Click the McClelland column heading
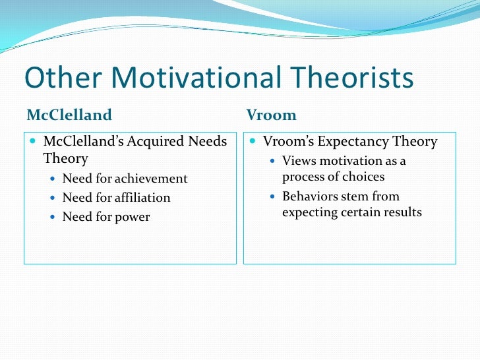pyautogui.click(x=69, y=115)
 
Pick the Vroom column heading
pyautogui.click(x=271, y=115)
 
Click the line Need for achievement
pyautogui.click(x=125, y=179)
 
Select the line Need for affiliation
pyautogui.click(x=116, y=197)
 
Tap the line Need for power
pyautogui.click(x=105, y=216)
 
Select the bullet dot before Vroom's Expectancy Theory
pyautogui.click(x=254, y=142)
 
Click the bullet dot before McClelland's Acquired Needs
pyautogui.click(x=34, y=142)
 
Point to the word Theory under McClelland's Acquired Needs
pyautogui.click(x=65, y=158)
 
